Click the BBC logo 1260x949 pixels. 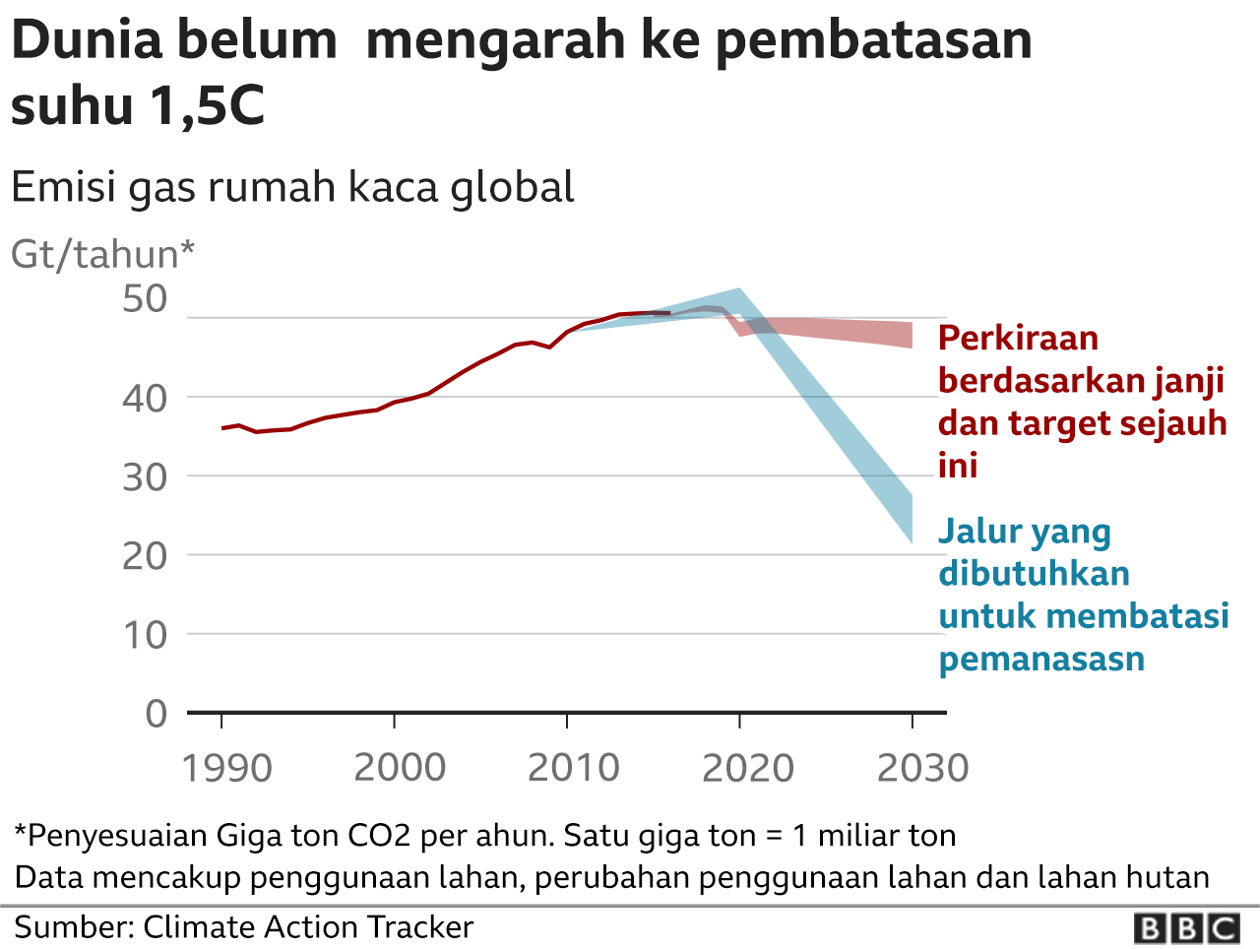click(1186, 928)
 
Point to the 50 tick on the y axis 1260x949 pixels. click(146, 299)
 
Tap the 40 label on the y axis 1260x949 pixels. click(146, 398)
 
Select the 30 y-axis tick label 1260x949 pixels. click(146, 477)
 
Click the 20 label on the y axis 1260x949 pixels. click(146, 556)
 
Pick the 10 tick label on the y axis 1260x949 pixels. click(146, 635)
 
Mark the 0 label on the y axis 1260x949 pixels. click(157, 713)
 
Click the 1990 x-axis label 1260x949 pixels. click(226, 768)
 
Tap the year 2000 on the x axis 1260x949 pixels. click(400, 768)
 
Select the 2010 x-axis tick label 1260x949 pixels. click(573, 768)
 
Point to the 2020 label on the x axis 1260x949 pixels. click(747, 768)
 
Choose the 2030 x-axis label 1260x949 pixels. click(922, 768)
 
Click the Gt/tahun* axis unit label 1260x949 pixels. click(102, 254)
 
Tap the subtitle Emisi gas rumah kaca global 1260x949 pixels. click(292, 187)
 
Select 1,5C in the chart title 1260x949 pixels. click(207, 105)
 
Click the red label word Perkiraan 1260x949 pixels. click(1018, 338)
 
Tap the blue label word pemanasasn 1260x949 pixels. click(1041, 658)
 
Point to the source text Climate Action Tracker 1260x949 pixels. click(308, 926)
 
